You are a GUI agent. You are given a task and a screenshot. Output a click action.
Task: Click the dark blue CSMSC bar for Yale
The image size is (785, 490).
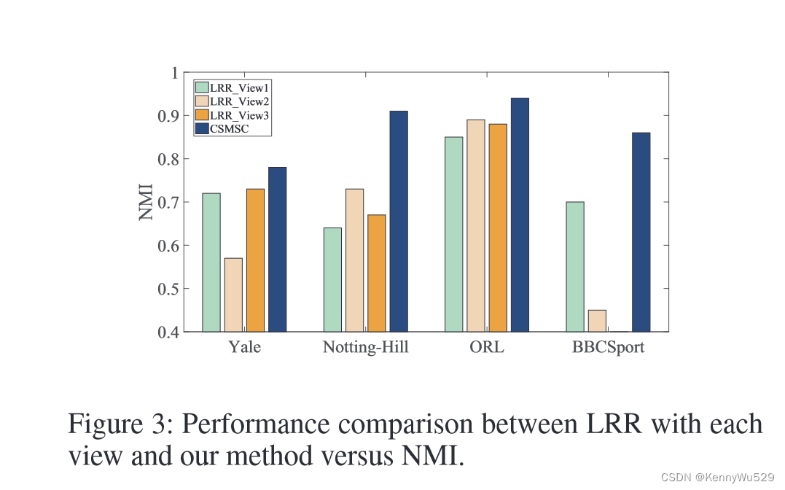277,249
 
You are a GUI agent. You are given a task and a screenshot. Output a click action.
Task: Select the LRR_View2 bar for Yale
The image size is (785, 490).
233,295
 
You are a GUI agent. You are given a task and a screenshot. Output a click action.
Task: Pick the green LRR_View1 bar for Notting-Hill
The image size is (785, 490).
332,279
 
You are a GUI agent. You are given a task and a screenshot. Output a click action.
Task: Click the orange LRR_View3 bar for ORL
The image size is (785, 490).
498,227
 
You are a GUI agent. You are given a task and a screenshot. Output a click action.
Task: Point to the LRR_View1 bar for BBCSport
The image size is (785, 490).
574,266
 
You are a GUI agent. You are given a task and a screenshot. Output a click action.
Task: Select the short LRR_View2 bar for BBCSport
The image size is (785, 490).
597,321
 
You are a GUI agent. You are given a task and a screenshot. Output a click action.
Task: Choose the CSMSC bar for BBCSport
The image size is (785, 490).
641,232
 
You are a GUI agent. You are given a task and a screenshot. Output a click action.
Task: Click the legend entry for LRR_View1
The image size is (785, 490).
233,87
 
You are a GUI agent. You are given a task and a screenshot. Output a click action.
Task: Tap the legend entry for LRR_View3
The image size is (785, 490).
233,115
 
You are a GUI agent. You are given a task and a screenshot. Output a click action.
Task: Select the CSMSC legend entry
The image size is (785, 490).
226,129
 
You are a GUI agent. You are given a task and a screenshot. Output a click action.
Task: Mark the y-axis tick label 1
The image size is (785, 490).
174,72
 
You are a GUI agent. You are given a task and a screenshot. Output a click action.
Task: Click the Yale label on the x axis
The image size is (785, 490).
244,347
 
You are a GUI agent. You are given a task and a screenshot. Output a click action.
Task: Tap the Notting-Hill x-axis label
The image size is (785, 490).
365,347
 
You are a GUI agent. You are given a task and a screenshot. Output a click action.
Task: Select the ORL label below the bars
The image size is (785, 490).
486,347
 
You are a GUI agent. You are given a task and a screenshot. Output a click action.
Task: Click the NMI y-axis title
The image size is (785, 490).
147,202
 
